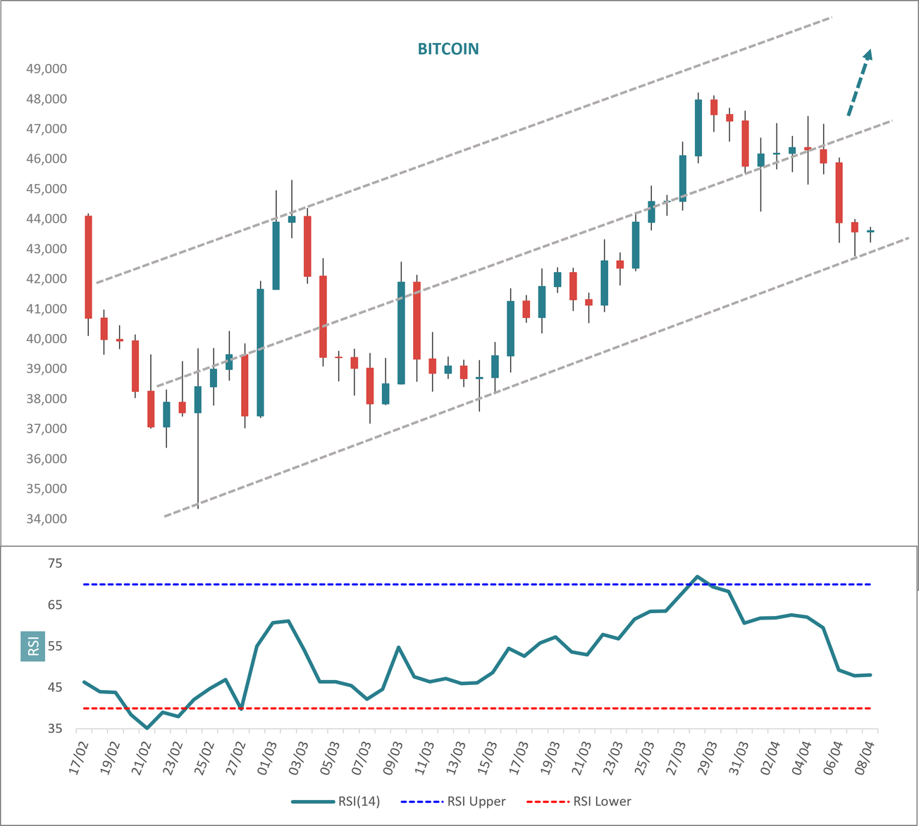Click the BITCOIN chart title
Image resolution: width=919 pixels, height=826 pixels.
tap(448, 49)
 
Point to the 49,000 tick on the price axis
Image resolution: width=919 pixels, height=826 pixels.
tap(47, 69)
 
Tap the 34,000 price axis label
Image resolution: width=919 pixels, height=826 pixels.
tap(47, 519)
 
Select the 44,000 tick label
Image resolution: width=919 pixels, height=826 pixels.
tap(47, 219)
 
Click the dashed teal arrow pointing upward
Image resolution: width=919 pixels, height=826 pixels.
tap(859, 83)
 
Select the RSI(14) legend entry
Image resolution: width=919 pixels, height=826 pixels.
tap(335, 801)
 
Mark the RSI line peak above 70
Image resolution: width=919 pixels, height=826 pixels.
tap(697, 577)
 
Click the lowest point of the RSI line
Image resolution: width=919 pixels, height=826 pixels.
tap(147, 728)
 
